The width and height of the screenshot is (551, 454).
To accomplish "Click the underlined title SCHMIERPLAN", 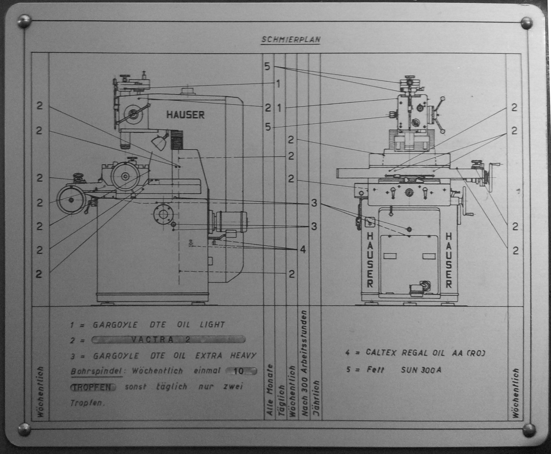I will point(291,39).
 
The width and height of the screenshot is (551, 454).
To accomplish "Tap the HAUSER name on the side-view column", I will point(185,114).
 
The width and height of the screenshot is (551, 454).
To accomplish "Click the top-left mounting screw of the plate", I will point(24,21).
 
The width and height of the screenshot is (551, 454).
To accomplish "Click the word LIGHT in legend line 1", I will point(212,325).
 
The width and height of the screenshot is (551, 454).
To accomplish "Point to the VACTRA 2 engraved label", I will point(169,340).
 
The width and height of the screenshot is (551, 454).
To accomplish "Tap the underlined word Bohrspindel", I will point(96,371).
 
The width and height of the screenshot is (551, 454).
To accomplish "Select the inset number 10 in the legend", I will point(238,371).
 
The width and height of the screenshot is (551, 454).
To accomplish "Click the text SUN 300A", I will point(421,370).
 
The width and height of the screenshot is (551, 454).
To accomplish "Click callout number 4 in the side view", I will point(303,250).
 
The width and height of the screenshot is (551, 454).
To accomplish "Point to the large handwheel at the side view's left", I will point(71,200).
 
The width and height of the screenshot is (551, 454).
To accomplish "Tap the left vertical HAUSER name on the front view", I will point(370,260).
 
